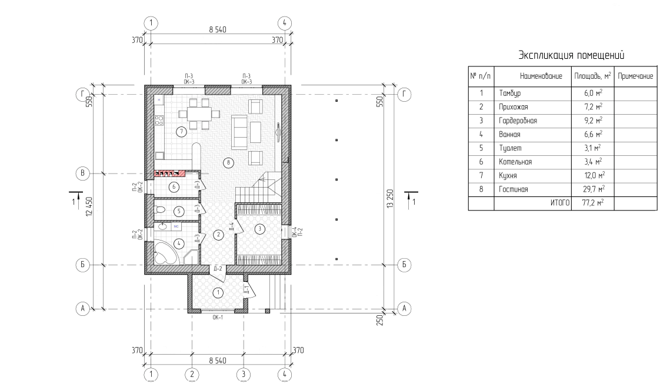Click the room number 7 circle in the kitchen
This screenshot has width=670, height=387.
click(182, 132)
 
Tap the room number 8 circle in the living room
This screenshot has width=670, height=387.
click(229, 162)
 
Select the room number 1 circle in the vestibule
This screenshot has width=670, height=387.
click(218, 292)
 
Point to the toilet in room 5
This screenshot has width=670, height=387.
click(160, 211)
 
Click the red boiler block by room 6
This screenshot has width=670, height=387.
click(170, 174)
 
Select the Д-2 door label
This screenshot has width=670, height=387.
click(218, 269)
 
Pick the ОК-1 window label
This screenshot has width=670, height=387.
click(218, 318)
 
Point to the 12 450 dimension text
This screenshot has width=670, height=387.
click(89, 206)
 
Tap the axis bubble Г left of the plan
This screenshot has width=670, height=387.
click(82, 95)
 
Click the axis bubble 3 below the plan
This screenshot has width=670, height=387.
click(243, 375)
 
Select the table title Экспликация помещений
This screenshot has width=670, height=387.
click(571, 55)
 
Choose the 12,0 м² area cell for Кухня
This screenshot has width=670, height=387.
click(593, 175)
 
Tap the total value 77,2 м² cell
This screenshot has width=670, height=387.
click(593, 203)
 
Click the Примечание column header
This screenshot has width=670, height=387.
click(635, 76)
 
